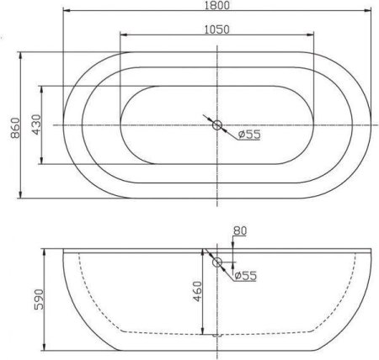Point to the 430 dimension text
36,125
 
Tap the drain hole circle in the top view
218,126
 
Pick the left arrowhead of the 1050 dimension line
124,35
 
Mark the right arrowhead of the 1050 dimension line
314,35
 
